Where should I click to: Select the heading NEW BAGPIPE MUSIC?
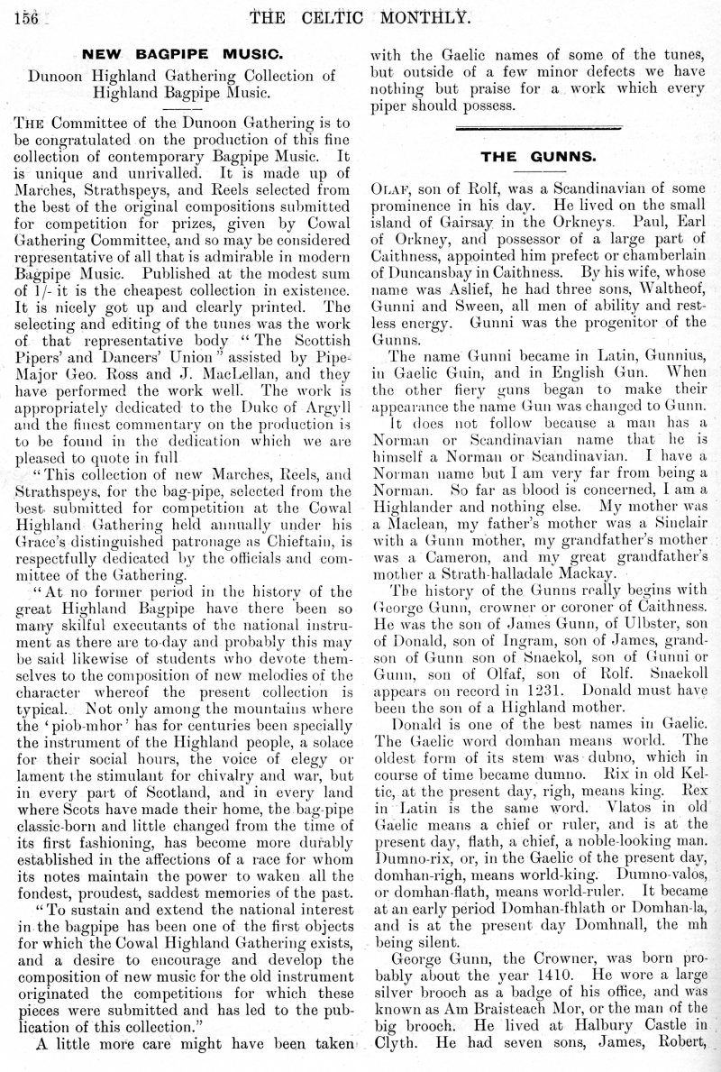point(183,53)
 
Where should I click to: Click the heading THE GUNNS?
point(538,156)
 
